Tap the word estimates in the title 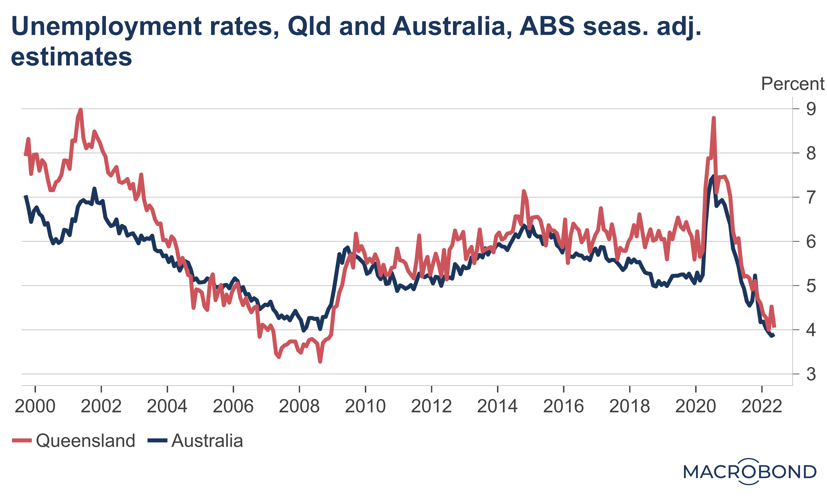click(x=71, y=57)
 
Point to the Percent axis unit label click(x=792, y=84)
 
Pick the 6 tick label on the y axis click(x=811, y=242)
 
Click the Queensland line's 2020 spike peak click(x=713, y=118)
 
